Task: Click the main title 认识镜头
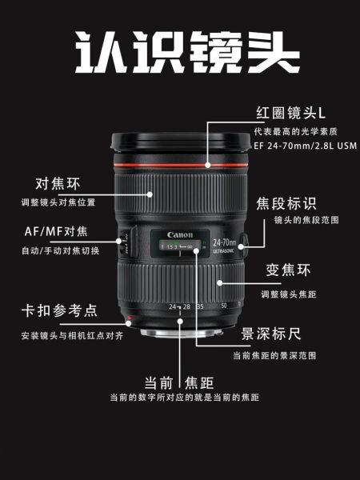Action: click(x=179, y=53)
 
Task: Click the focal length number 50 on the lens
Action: click(x=224, y=306)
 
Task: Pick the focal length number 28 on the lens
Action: click(x=187, y=306)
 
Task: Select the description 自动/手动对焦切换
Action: click(x=60, y=250)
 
